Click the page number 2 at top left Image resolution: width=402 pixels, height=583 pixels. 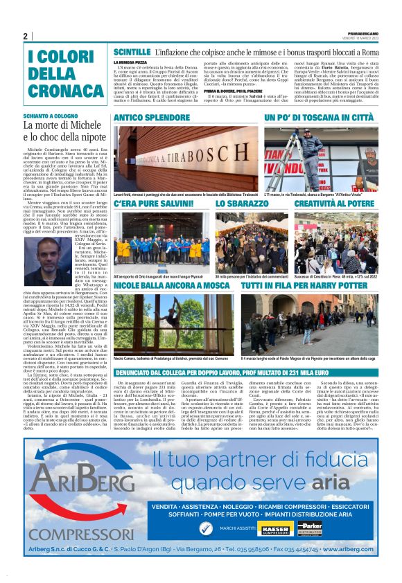click(x=25, y=36)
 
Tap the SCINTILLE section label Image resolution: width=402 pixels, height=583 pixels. click(x=131, y=53)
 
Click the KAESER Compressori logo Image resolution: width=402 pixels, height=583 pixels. click(x=276, y=528)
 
